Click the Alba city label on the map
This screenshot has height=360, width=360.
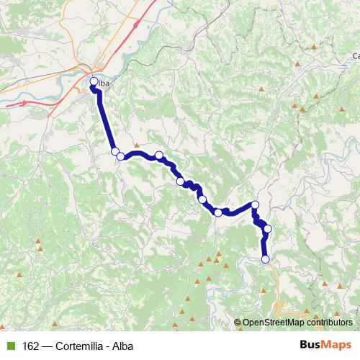pos(103,84)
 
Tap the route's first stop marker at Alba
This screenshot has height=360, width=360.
pos(94,81)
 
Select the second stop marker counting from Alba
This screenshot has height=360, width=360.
pos(115,151)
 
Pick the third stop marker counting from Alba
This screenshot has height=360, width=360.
pos(121,156)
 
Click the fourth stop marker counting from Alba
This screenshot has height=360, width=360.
pos(159,155)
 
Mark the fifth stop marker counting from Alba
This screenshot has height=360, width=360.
pos(180,181)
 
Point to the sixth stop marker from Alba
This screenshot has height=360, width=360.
pos(202,199)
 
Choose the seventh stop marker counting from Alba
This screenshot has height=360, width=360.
pos(218,212)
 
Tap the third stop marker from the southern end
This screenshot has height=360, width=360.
pos(255,205)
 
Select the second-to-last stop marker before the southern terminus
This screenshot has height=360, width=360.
pos(268,229)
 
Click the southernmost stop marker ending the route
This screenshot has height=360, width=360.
pos(265,259)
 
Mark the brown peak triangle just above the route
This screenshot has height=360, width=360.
pos(136,145)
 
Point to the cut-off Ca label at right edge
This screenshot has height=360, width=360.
pos(355,55)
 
